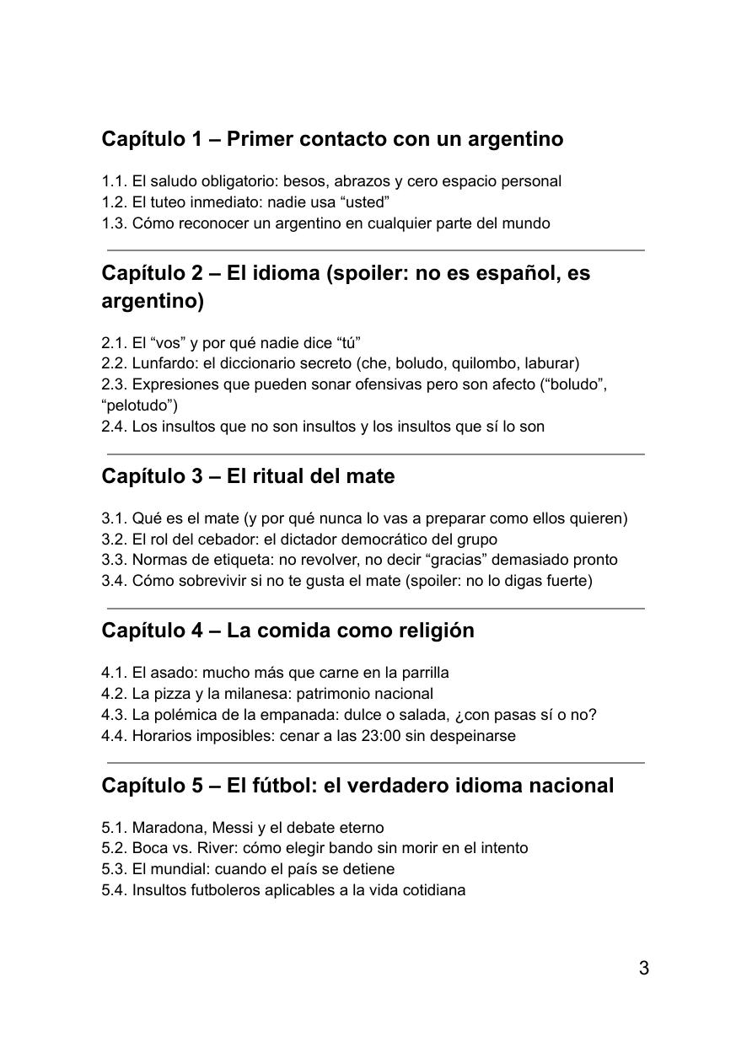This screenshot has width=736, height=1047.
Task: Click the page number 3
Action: tap(644, 968)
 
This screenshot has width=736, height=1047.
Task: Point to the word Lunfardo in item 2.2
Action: tap(161, 363)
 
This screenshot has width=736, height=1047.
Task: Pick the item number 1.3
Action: tap(114, 223)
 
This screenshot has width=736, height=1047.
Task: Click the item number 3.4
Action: tap(114, 580)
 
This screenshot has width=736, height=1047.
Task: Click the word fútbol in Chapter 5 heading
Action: tap(283, 785)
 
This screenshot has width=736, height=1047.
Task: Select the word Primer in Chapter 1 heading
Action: tap(260, 139)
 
